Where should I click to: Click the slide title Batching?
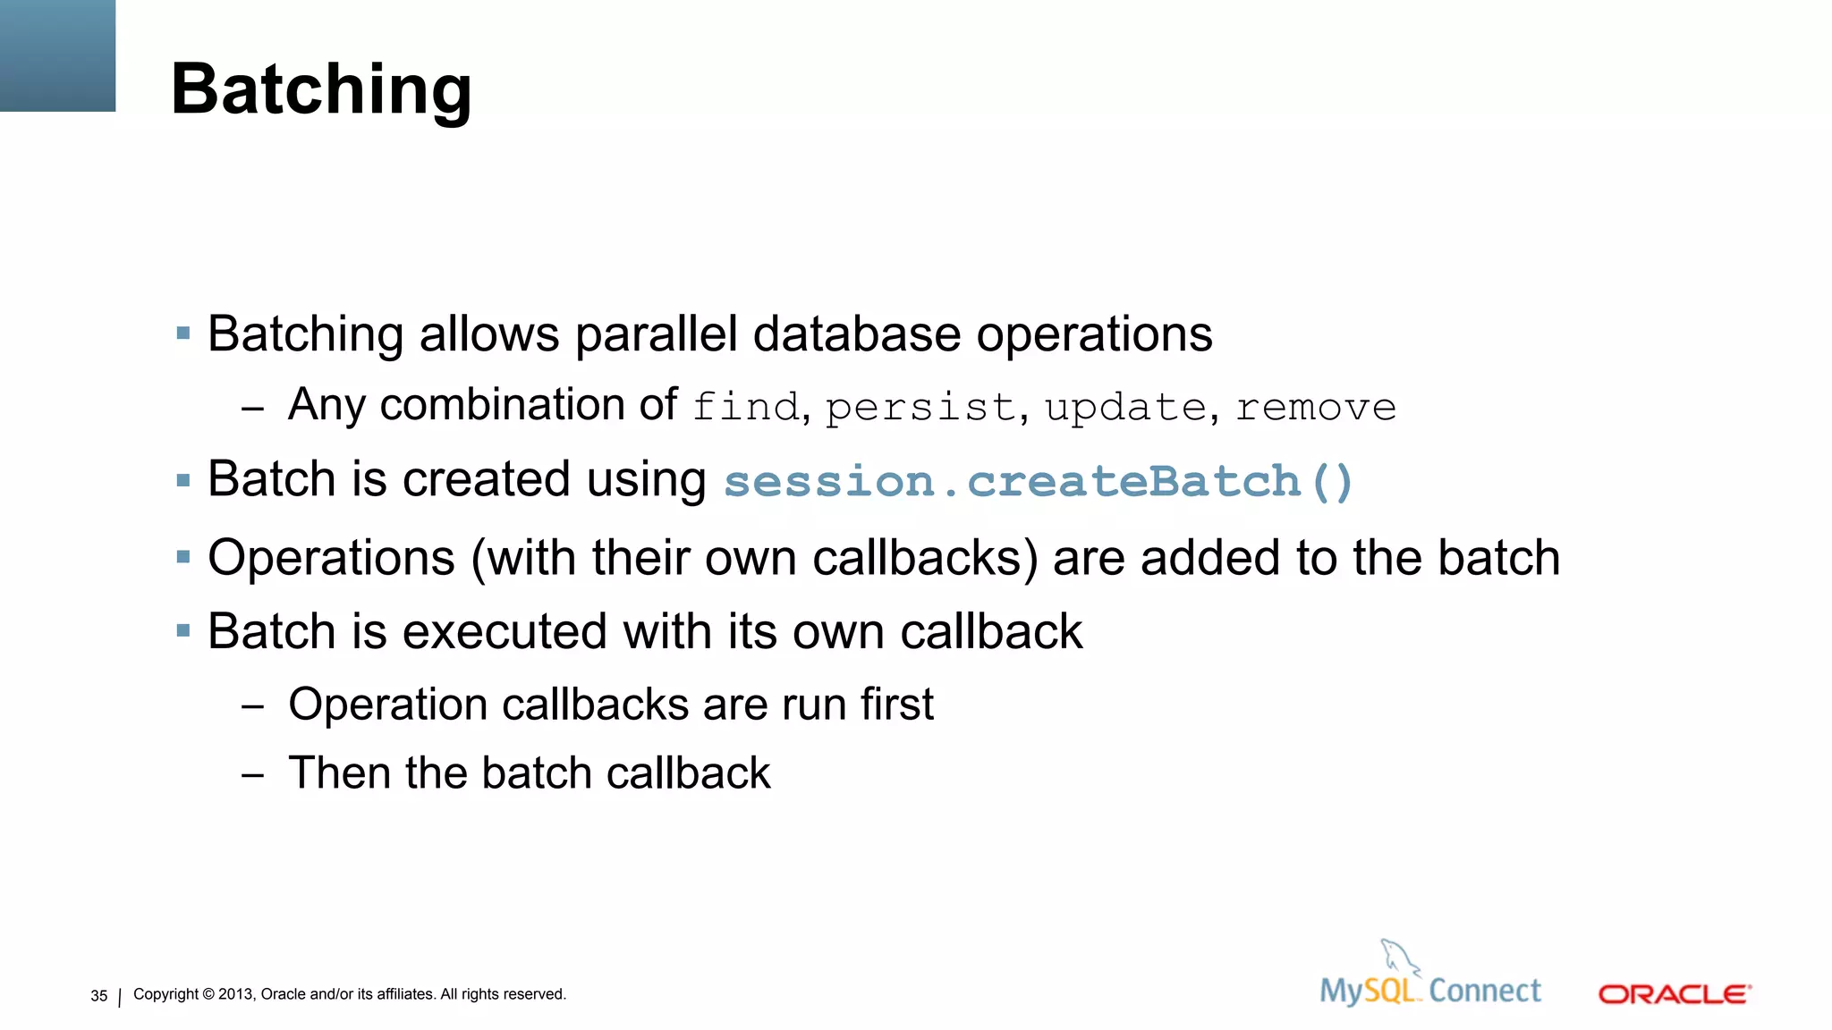tap(320, 89)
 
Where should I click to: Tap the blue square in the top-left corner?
tap(57, 55)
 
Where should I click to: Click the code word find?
tap(745, 407)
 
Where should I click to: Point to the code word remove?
tap(1316, 409)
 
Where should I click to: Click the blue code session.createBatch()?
tap(1039, 481)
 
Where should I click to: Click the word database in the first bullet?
tap(857, 334)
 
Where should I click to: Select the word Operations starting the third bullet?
tap(331, 558)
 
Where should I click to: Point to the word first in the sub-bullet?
tap(896, 705)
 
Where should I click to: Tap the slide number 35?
tap(98, 996)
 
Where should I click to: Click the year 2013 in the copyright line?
tap(235, 994)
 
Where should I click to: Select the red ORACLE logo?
tap(1674, 994)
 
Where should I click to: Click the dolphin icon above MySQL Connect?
tap(1399, 958)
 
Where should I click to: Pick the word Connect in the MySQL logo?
tap(1484, 991)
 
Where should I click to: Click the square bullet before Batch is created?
tap(183, 481)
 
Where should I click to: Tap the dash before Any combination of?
tap(252, 409)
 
